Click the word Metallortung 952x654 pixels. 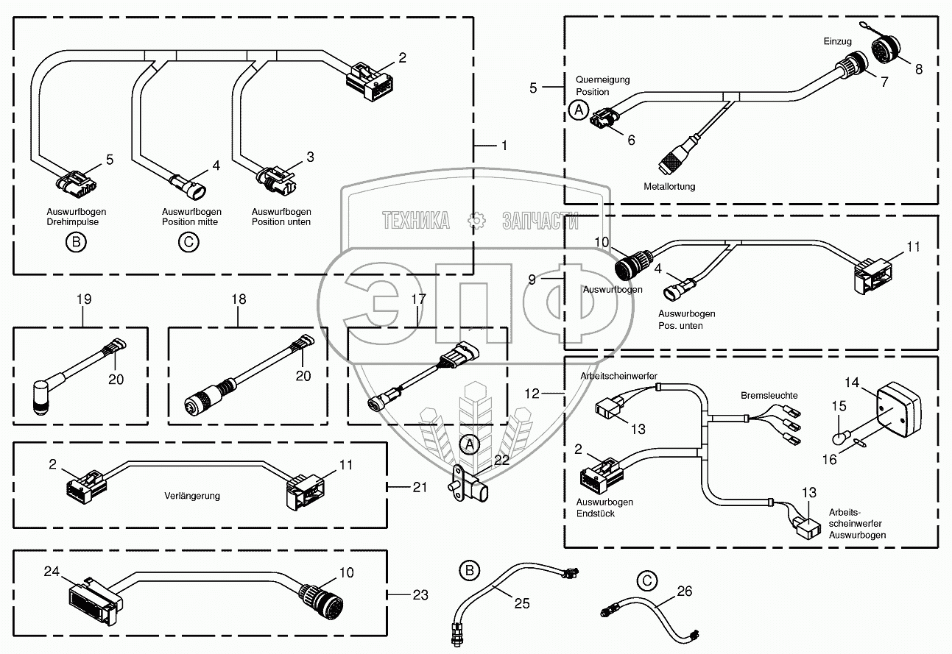click(669, 187)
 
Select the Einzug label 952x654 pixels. click(836, 43)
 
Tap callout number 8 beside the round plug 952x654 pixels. click(918, 68)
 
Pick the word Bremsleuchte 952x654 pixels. click(769, 396)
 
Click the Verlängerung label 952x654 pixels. click(192, 496)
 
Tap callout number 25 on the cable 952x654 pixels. click(521, 603)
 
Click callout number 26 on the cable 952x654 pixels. click(684, 590)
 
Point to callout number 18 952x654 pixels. click(239, 299)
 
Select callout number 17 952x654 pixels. click(418, 299)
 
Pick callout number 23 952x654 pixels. click(420, 594)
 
